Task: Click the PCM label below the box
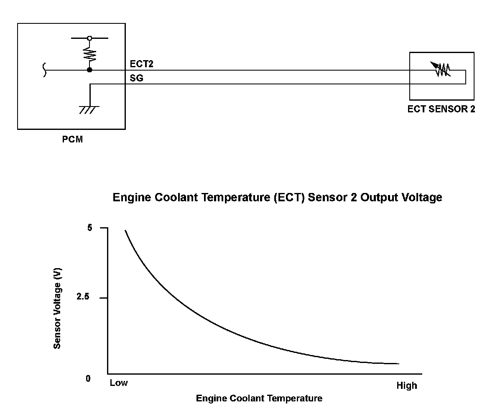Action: [x=72, y=140]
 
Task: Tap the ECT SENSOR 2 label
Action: [x=441, y=109]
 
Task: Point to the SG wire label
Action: [x=136, y=78]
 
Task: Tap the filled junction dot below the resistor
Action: [x=89, y=70]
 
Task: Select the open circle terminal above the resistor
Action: [x=89, y=38]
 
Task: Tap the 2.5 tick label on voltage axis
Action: [x=83, y=297]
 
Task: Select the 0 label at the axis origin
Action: [x=88, y=379]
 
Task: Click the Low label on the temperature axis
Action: [x=119, y=383]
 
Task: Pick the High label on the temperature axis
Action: [x=406, y=386]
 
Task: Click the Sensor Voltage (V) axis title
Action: [x=58, y=308]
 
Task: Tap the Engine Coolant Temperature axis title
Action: [x=259, y=398]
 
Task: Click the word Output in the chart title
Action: [x=379, y=197]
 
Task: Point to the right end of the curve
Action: [x=398, y=363]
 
